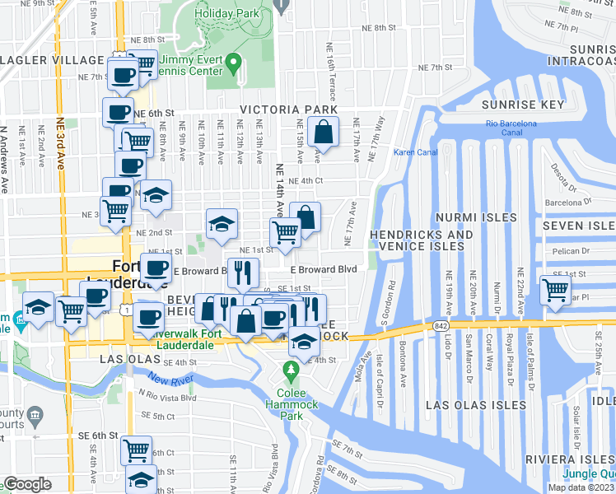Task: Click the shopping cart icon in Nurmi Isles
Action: coord(556,290)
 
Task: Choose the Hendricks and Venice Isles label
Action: coord(422,240)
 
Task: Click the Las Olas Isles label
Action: coord(477,405)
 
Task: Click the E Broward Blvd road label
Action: coord(323,269)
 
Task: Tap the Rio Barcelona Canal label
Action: coord(511,128)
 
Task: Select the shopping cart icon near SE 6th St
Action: coord(136,450)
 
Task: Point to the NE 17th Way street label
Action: coord(379,134)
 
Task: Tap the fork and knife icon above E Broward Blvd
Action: coord(243,272)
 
